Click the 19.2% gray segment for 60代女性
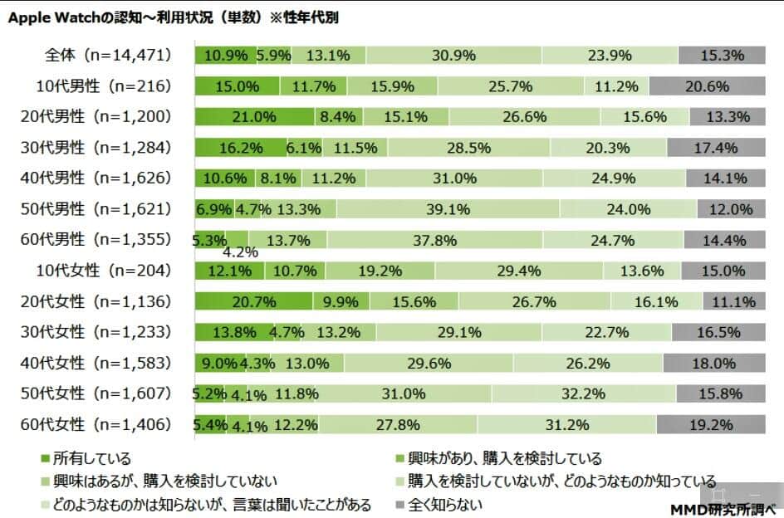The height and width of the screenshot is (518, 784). [x=711, y=424]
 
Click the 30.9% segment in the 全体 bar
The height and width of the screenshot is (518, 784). [x=453, y=56]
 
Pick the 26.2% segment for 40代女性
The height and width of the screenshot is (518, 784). [x=588, y=363]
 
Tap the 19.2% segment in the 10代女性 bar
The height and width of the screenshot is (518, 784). [x=380, y=271]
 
